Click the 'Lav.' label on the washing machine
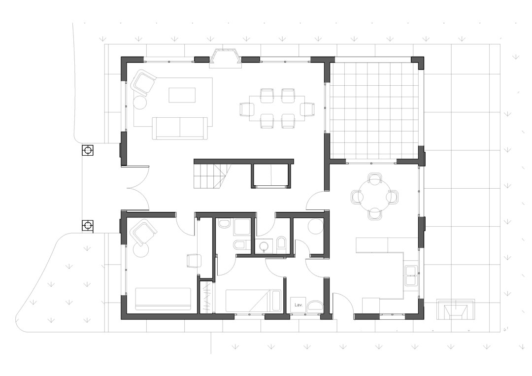(298, 305)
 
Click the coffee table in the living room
(182, 95)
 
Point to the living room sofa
(180, 128)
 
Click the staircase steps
(212, 176)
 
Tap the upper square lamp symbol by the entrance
(88, 150)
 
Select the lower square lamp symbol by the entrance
(88, 225)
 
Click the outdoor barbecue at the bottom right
(455, 309)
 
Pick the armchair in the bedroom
(143, 232)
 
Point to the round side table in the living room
(139, 102)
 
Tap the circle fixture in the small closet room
(316, 226)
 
